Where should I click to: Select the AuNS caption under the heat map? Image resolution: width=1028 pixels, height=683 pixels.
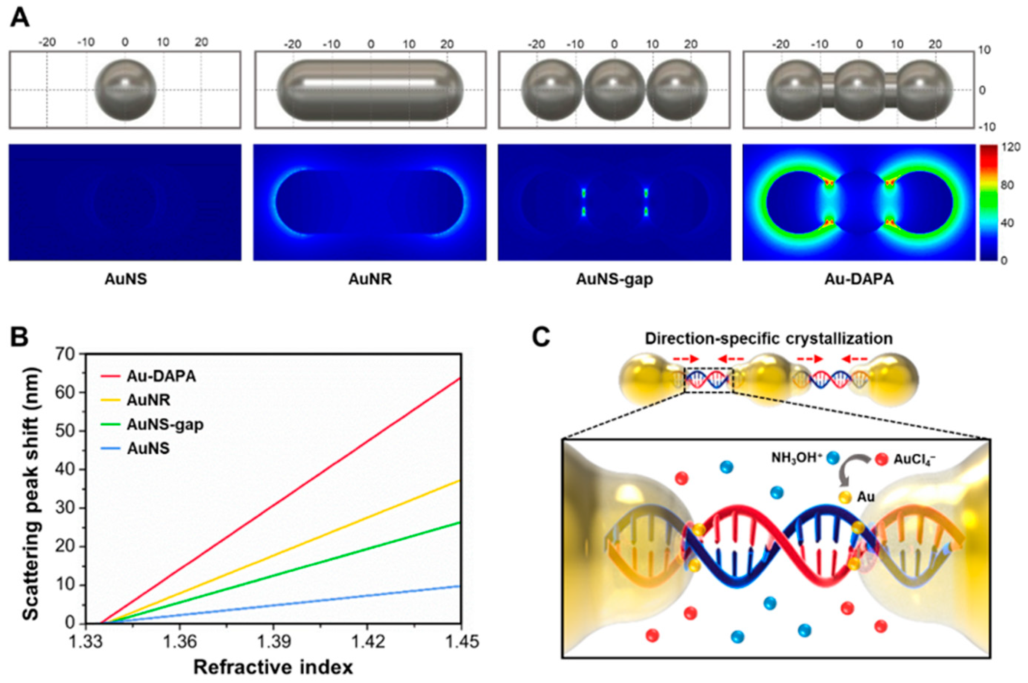[x=125, y=279]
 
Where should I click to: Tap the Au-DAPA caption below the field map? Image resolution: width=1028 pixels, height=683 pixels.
[x=859, y=279]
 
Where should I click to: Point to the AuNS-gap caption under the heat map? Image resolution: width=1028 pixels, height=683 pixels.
[x=614, y=279]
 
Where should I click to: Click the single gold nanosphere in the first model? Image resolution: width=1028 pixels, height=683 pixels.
[x=125, y=90]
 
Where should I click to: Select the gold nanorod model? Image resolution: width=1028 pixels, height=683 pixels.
[x=370, y=90]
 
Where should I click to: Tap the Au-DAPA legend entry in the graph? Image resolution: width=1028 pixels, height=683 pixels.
[x=161, y=376]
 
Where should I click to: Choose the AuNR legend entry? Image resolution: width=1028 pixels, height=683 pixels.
[x=148, y=400]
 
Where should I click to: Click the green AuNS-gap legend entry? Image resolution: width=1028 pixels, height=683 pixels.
[x=164, y=424]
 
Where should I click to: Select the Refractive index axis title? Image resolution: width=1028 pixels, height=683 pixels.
[x=273, y=667]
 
